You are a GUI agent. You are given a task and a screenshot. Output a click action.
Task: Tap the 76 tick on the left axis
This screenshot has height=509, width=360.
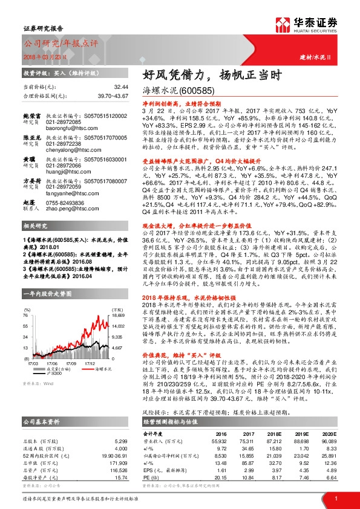click(27, 316)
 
